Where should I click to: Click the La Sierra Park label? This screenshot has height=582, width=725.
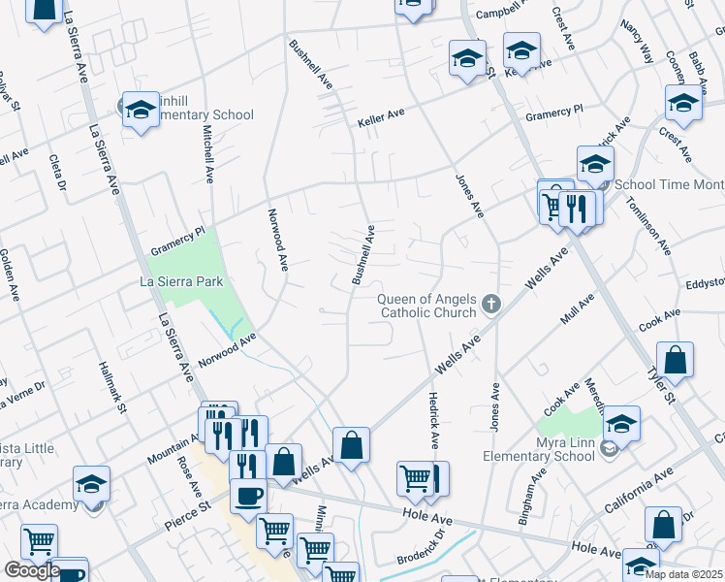pos(183,281)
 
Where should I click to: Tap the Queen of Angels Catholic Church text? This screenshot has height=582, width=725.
pos(428,306)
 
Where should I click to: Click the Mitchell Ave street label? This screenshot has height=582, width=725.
pos(207,153)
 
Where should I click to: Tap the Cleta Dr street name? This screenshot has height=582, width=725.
pos(54,173)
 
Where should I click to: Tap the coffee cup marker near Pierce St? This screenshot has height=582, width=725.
pos(247,496)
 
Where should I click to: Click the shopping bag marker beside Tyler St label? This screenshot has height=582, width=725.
pos(676,360)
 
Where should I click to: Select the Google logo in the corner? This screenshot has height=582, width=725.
pos(31,570)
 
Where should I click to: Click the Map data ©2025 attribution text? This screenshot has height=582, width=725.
pos(683,574)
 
